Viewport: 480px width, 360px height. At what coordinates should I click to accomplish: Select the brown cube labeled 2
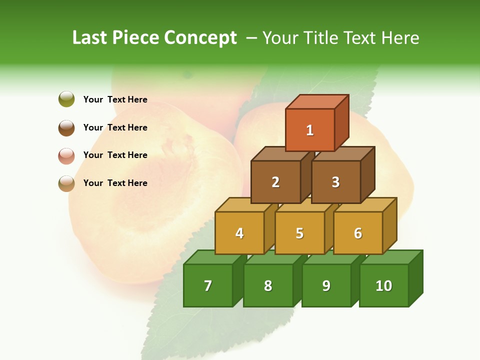275,182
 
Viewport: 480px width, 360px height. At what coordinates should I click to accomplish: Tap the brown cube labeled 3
335,182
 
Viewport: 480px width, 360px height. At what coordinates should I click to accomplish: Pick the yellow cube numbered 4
239,233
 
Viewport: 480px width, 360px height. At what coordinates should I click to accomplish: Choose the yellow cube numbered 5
299,233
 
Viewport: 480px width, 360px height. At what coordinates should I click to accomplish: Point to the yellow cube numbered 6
358,233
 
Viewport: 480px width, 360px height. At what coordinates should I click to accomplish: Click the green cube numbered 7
208,285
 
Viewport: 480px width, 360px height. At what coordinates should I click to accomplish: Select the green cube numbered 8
268,285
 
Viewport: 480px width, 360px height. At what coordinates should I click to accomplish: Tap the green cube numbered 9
326,285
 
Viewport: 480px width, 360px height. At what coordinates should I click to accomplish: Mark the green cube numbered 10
384,285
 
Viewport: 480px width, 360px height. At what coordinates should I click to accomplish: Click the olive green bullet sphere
66,99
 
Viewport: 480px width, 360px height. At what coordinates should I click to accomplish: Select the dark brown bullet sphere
66,127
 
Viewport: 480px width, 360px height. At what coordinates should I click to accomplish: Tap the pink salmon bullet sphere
66,155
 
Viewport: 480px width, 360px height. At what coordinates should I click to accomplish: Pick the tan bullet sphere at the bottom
66,183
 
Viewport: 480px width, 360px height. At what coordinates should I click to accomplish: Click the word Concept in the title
200,38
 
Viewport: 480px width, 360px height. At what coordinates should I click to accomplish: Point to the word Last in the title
90,38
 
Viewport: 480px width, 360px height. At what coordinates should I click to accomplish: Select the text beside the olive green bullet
115,99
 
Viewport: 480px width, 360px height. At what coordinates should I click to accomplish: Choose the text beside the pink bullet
115,155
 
